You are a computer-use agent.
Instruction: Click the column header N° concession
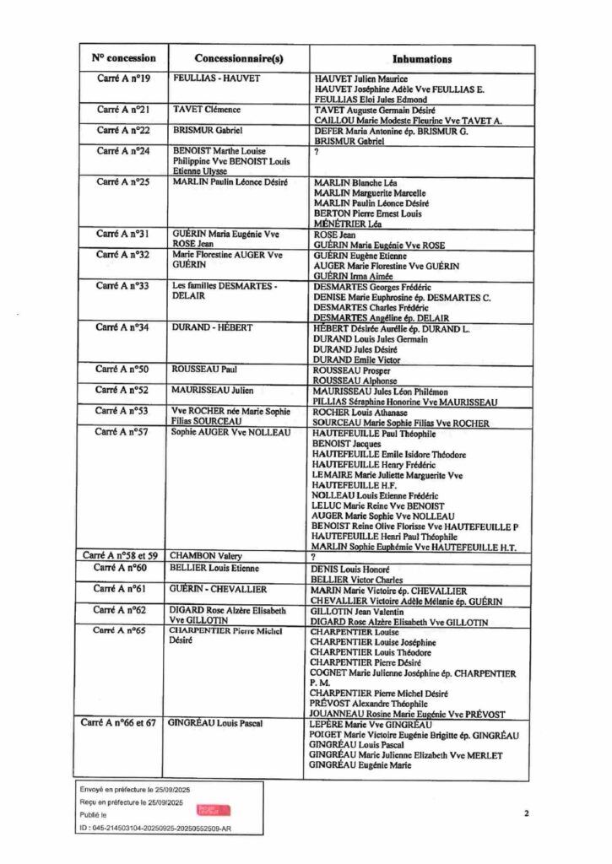tap(124, 59)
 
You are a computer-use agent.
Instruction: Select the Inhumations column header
tap(422, 59)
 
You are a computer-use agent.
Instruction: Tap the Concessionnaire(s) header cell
tap(239, 59)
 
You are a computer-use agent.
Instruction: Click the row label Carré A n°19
tap(124, 78)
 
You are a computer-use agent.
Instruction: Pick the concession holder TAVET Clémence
tap(207, 110)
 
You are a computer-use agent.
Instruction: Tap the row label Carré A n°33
tap(124, 286)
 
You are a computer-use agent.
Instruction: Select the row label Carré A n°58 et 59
tap(121, 556)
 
